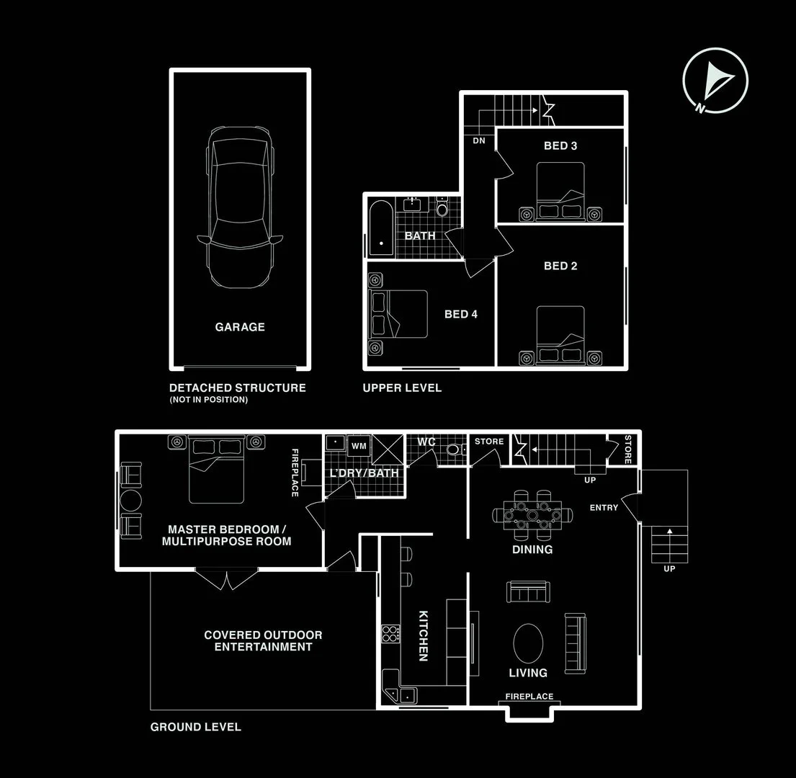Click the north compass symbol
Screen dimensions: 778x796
[715, 80]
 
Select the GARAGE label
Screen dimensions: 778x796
[240, 327]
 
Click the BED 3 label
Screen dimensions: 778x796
[560, 146]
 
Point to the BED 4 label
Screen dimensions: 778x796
[461, 314]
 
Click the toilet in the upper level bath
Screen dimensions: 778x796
[442, 209]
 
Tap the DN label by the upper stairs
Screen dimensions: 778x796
[479, 141]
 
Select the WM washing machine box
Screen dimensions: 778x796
[358, 447]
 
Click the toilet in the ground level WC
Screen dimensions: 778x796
[454, 450]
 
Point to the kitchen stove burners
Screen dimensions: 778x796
[391, 634]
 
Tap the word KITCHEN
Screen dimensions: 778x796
[424, 636]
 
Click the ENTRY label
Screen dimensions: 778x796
[604, 508]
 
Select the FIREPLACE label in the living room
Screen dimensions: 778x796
[529, 697]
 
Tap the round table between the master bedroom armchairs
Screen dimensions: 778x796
[132, 501]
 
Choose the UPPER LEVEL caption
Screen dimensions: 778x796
[402, 388]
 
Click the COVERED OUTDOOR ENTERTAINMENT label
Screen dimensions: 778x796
[263, 641]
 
